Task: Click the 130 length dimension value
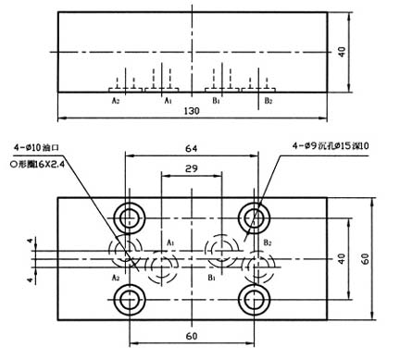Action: tap(192, 111)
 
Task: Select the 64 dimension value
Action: tap(193, 147)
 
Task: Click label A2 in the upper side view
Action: tap(116, 99)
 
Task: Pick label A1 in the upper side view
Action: tap(168, 99)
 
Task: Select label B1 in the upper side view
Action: tap(216, 99)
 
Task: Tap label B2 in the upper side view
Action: tap(268, 99)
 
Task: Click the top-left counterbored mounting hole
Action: tap(129, 217)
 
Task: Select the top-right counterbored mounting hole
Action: tap(254, 217)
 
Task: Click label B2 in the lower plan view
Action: tap(268, 242)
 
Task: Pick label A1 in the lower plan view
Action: tap(171, 242)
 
